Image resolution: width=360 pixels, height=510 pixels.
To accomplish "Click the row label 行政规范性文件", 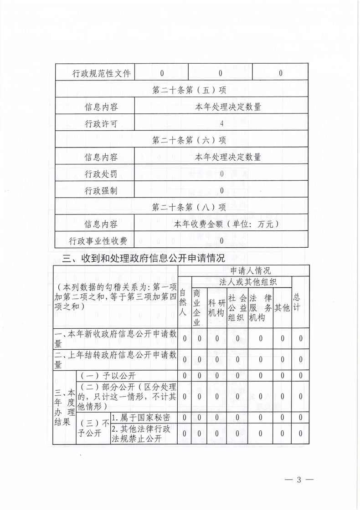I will coord(95,73).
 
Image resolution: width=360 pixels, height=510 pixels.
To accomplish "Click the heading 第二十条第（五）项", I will coord(189,90).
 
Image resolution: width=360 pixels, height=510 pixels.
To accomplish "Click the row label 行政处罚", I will coord(101,174).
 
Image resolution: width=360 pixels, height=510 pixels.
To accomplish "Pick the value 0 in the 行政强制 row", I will coord(222,191).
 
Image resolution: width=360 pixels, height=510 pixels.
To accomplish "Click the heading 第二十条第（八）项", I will coord(189,208).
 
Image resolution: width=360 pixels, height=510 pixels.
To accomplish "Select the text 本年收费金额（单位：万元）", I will coord(226,224).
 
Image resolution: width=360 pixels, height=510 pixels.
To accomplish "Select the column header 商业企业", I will coord(197,307).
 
